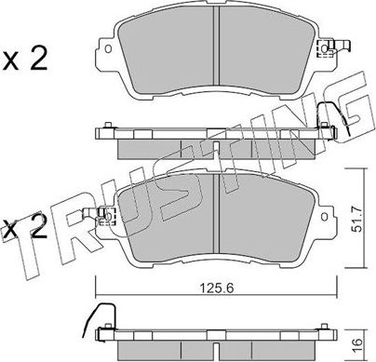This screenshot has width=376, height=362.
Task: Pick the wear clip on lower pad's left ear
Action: [104, 221]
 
